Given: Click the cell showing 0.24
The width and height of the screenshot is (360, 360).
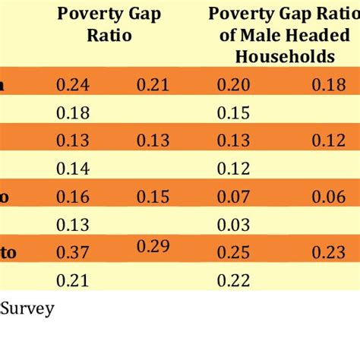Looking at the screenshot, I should click(x=74, y=85).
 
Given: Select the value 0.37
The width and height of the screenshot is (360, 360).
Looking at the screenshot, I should click(x=74, y=253).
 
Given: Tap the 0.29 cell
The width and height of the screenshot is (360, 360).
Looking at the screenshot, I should click(x=153, y=245).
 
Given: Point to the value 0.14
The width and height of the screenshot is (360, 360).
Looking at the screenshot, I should click(x=74, y=169).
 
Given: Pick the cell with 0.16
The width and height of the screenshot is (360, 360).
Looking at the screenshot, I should click(x=74, y=197).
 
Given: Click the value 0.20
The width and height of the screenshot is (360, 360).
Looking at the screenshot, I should click(x=233, y=85).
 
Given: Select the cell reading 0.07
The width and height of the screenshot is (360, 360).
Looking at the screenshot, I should click(x=233, y=197).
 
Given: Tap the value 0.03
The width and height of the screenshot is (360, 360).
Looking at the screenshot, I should click(x=233, y=225).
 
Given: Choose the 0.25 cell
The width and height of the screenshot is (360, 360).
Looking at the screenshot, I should click(x=233, y=253).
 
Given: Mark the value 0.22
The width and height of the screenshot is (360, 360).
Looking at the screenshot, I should click(x=233, y=281).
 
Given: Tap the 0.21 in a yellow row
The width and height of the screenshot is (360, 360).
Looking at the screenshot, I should click(x=74, y=281).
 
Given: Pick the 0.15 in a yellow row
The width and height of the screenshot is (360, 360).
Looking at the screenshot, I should click(x=233, y=113).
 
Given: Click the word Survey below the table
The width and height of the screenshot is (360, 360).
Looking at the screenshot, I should click(x=27, y=309).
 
